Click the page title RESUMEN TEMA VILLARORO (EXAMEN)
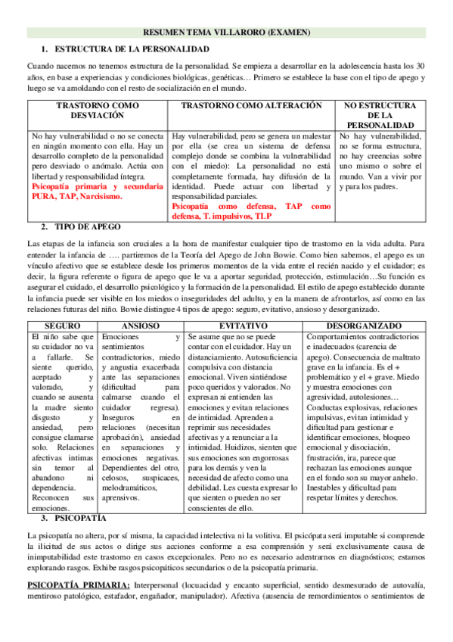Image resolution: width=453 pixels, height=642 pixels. (x=227, y=33)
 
